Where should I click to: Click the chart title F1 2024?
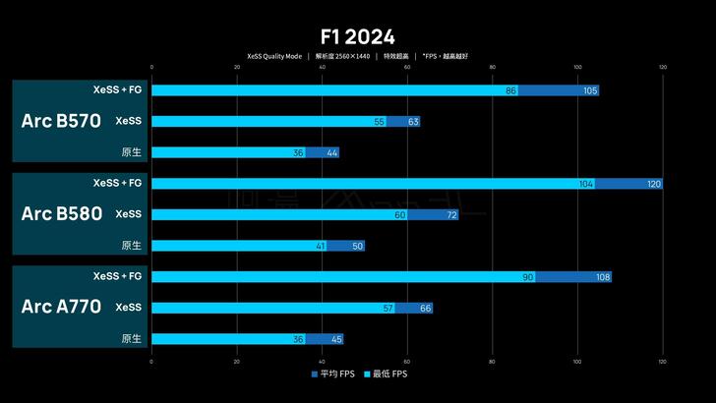[x=357, y=37]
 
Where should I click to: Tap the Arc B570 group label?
[x=61, y=121]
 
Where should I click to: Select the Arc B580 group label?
[x=61, y=213]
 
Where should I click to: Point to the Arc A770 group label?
[x=61, y=307]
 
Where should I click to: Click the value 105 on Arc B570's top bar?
[x=590, y=90]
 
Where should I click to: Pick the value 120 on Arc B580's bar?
[x=654, y=184]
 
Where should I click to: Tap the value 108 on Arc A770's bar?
[x=603, y=277]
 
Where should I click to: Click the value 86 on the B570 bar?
[x=510, y=90]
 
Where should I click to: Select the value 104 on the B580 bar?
[x=586, y=184]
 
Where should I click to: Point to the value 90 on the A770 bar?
[x=527, y=277]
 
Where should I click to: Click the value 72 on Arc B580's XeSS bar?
[x=451, y=214]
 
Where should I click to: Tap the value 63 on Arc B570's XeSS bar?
[x=413, y=122]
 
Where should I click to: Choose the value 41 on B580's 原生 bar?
[x=321, y=246]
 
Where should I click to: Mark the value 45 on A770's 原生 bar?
[x=336, y=339]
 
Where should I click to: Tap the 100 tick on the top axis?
[x=577, y=68]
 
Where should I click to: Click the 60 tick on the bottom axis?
[x=407, y=362]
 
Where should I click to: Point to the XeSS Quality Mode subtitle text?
[x=274, y=56]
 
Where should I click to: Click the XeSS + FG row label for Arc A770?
[x=118, y=276]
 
